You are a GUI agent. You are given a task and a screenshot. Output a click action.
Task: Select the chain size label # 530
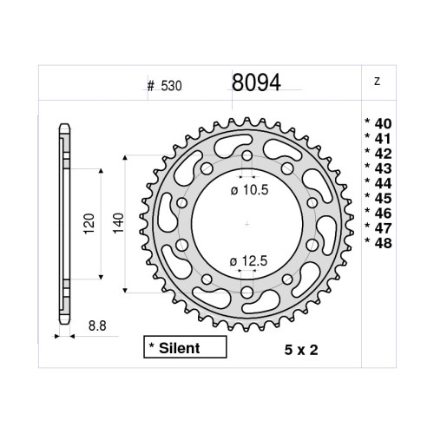(164, 87)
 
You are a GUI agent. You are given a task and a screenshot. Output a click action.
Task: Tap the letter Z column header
(376, 83)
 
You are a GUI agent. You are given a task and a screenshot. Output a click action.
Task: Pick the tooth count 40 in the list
(378, 122)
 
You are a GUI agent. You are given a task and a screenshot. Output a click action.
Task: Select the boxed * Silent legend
(181, 348)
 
